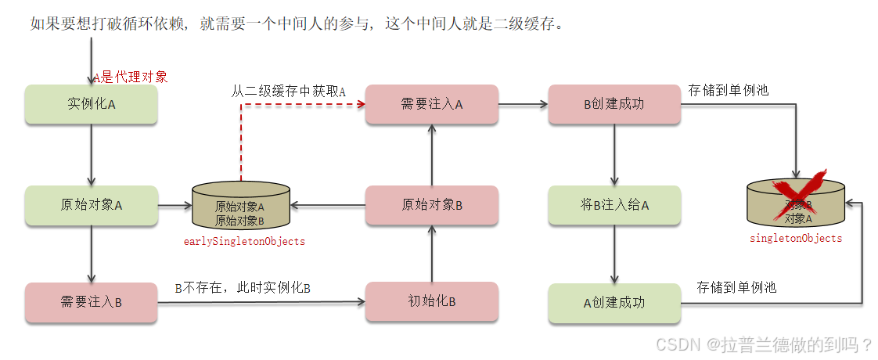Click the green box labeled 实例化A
click(92, 104)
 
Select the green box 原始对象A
click(92, 205)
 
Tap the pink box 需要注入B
click(92, 302)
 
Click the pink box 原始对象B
click(431, 205)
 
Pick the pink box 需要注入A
click(431, 104)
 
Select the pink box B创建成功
click(614, 104)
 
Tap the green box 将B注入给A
click(614, 205)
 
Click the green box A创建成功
click(614, 302)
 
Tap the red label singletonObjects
click(796, 238)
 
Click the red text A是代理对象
click(131, 77)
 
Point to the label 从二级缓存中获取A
click(288, 91)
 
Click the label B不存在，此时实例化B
click(243, 288)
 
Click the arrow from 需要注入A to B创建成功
click(523, 104)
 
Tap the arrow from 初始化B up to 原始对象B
click(431, 253)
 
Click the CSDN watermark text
click(764, 344)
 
